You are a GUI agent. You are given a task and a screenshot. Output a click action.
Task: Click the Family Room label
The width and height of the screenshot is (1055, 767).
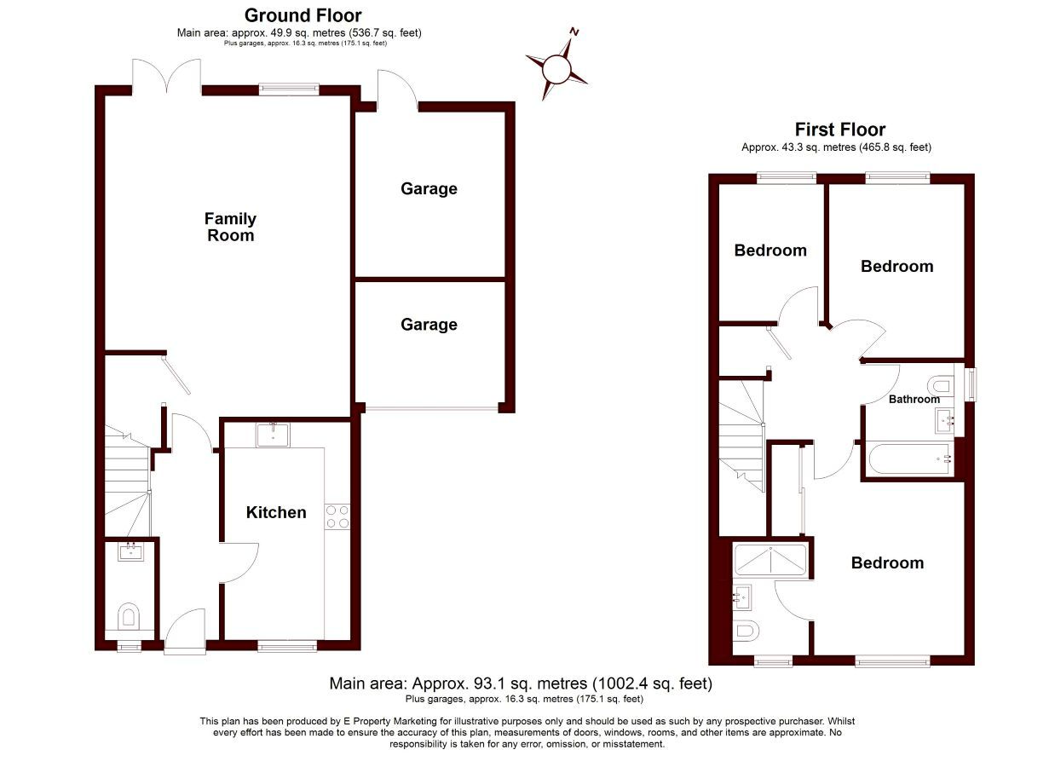[230, 227]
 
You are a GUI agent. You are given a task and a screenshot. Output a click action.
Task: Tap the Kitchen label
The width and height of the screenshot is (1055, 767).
[276, 512]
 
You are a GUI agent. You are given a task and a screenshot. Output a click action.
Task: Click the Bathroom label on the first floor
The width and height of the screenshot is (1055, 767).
[914, 399]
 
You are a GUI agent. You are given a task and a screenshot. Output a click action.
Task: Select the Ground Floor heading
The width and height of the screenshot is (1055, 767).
[303, 15]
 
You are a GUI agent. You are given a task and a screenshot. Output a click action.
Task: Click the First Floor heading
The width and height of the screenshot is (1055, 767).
[840, 129]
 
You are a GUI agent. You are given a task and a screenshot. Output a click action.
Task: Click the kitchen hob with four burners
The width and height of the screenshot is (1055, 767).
[337, 516]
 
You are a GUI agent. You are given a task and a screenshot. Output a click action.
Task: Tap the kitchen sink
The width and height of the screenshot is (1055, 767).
[274, 435]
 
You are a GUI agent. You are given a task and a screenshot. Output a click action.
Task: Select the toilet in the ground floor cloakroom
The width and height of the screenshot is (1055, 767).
[129, 617]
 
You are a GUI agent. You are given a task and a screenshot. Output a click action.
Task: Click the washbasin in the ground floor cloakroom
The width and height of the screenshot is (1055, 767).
[131, 551]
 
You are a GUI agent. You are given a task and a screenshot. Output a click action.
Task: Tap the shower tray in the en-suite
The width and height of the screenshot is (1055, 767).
[770, 560]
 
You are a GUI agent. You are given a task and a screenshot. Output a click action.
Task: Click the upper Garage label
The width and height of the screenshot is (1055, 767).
[429, 189]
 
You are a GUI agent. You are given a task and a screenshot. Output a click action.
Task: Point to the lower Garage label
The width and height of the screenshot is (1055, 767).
[429, 325]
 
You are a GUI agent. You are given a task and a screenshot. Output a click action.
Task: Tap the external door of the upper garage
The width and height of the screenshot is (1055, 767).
[397, 90]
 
